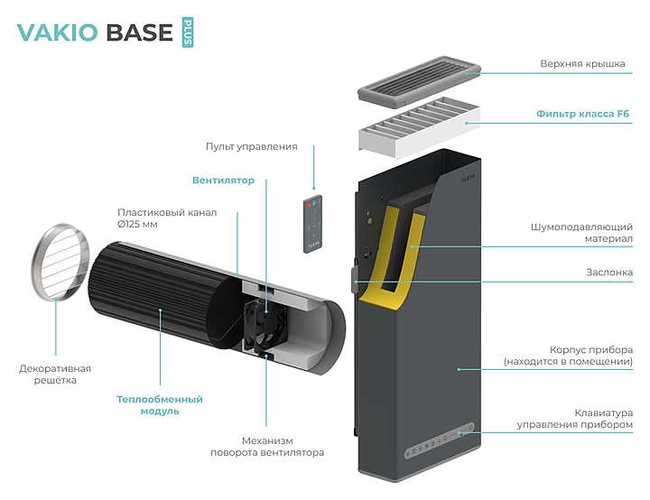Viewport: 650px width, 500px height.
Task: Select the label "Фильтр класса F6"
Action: coord(582,115)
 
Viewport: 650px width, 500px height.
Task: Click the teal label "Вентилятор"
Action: coord(223,181)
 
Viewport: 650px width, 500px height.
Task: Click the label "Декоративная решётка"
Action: coord(55,375)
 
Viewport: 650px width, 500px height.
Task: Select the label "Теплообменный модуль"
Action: coord(160,404)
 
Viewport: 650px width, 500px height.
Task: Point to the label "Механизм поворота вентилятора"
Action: coord(267,446)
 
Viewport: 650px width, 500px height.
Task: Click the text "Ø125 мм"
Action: coord(138,224)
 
